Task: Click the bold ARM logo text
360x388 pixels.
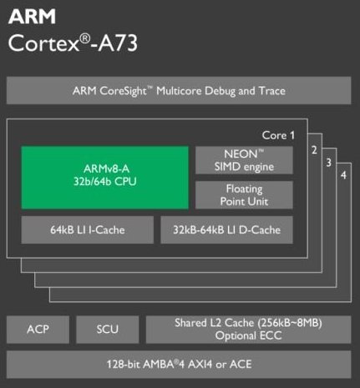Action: click(32, 17)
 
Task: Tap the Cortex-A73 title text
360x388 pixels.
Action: click(73, 43)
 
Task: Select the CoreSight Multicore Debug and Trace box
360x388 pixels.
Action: click(179, 91)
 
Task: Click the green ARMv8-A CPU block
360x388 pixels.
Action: click(105, 178)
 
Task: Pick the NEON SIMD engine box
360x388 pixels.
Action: click(244, 160)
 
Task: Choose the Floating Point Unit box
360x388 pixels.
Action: click(244, 195)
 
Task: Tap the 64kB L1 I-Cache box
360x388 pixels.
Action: click(88, 229)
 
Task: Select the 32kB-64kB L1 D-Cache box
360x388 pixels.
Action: click(226, 229)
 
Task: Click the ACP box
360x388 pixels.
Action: click(38, 330)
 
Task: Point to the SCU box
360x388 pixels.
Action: click(108, 330)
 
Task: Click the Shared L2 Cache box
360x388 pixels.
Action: click(248, 330)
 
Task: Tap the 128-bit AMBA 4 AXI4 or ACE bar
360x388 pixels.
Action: click(179, 365)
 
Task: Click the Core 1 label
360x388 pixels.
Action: click(278, 135)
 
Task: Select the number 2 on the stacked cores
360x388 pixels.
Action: click(314, 150)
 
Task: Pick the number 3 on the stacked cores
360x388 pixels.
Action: click(329, 163)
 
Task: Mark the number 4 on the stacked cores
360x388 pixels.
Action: click(343, 175)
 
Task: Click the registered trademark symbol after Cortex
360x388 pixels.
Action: click(85, 38)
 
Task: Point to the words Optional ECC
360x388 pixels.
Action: click(248, 335)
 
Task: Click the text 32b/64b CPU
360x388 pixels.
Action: click(105, 182)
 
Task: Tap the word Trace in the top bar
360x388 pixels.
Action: click(272, 91)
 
